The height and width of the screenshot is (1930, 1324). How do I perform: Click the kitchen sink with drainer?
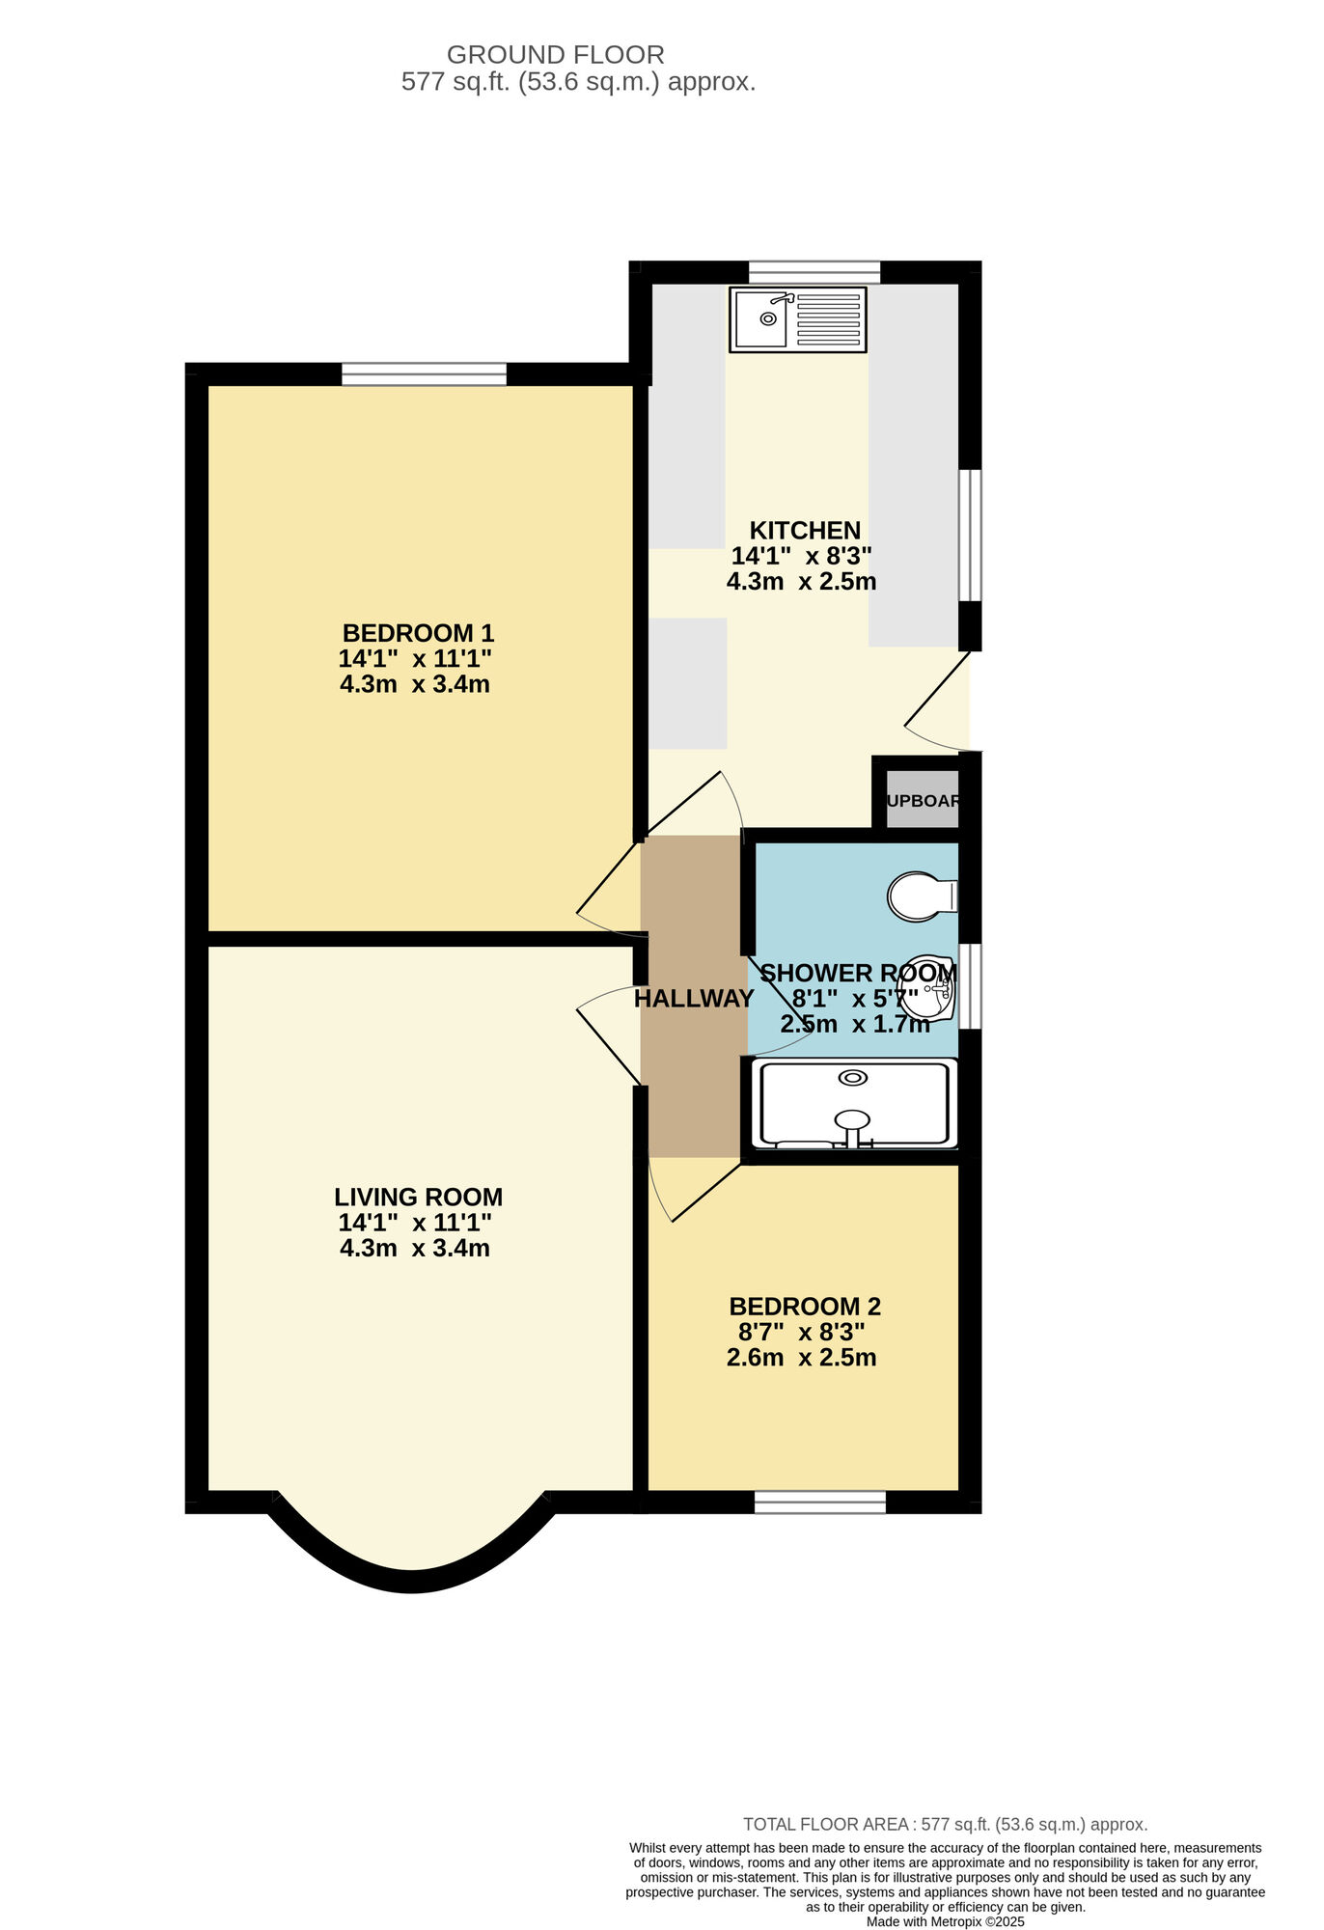click(798, 319)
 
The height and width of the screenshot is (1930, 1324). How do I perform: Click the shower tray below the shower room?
click(854, 1104)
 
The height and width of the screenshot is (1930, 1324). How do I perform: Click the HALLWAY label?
click(694, 999)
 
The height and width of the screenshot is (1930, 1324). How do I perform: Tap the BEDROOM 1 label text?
click(418, 633)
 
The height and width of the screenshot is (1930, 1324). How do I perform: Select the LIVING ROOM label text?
click(418, 1197)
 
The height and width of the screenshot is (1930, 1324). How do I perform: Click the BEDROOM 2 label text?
click(805, 1307)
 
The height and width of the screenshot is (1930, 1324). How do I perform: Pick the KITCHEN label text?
click(805, 530)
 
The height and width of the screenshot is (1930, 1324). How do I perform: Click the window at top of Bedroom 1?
click(425, 373)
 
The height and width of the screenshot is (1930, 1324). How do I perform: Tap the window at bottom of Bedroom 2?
click(819, 1502)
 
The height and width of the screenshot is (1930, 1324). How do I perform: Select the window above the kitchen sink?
click(814, 272)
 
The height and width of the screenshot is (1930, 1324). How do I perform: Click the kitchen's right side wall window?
click(970, 536)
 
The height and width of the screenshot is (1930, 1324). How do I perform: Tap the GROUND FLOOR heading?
click(555, 55)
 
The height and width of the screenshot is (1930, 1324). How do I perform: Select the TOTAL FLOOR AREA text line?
click(945, 1824)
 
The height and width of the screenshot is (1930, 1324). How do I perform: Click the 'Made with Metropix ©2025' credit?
click(945, 1921)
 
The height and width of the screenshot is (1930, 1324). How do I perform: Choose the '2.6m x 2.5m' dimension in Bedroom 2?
click(801, 1358)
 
